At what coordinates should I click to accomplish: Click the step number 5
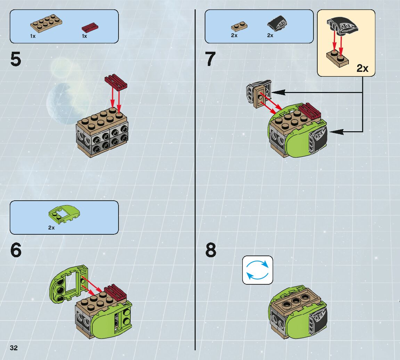(x=16, y=59)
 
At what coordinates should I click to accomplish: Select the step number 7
(x=211, y=59)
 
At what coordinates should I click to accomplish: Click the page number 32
(x=14, y=348)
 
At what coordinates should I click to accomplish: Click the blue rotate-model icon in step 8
(x=258, y=270)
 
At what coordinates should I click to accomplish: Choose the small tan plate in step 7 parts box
(x=239, y=27)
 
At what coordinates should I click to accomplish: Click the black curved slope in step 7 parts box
(x=277, y=24)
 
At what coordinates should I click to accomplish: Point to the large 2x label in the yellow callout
(x=362, y=68)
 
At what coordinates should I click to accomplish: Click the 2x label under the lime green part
(x=51, y=228)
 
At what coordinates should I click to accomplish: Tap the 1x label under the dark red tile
(x=84, y=36)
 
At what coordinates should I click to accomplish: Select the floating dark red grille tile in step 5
(x=116, y=82)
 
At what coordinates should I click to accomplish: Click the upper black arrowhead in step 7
(x=280, y=92)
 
